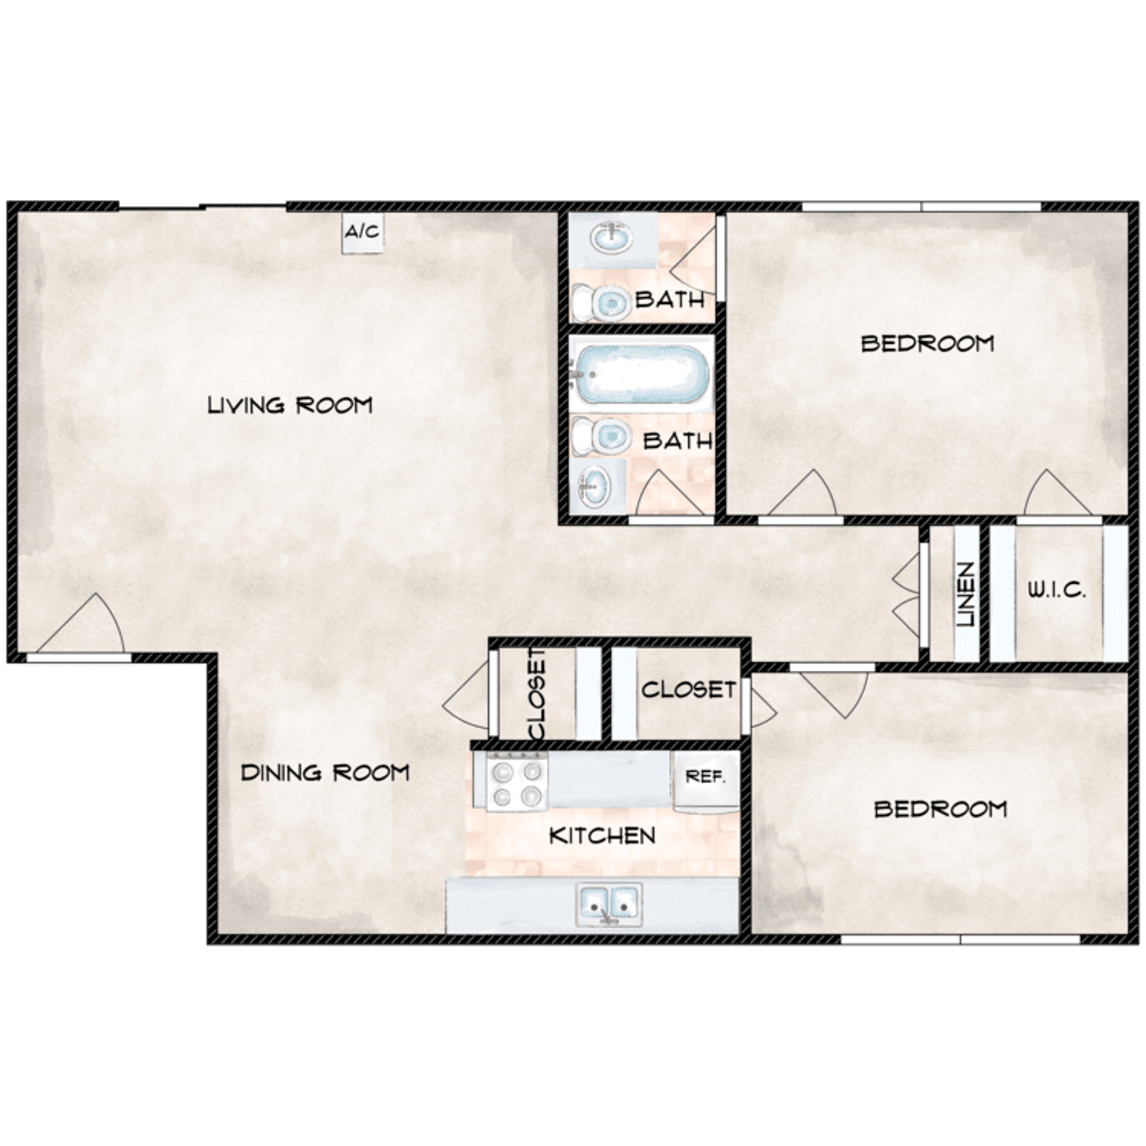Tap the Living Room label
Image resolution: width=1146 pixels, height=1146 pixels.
(289, 405)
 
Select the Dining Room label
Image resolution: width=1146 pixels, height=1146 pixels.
(325, 773)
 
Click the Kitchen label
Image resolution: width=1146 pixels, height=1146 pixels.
(602, 836)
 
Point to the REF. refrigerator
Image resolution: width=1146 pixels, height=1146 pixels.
(706, 779)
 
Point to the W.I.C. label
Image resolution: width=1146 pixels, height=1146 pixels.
(1056, 592)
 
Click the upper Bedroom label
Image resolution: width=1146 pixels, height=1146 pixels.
(928, 344)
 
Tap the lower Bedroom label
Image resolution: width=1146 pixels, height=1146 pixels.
(941, 810)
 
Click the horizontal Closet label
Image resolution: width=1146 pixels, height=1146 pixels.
(688, 690)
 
